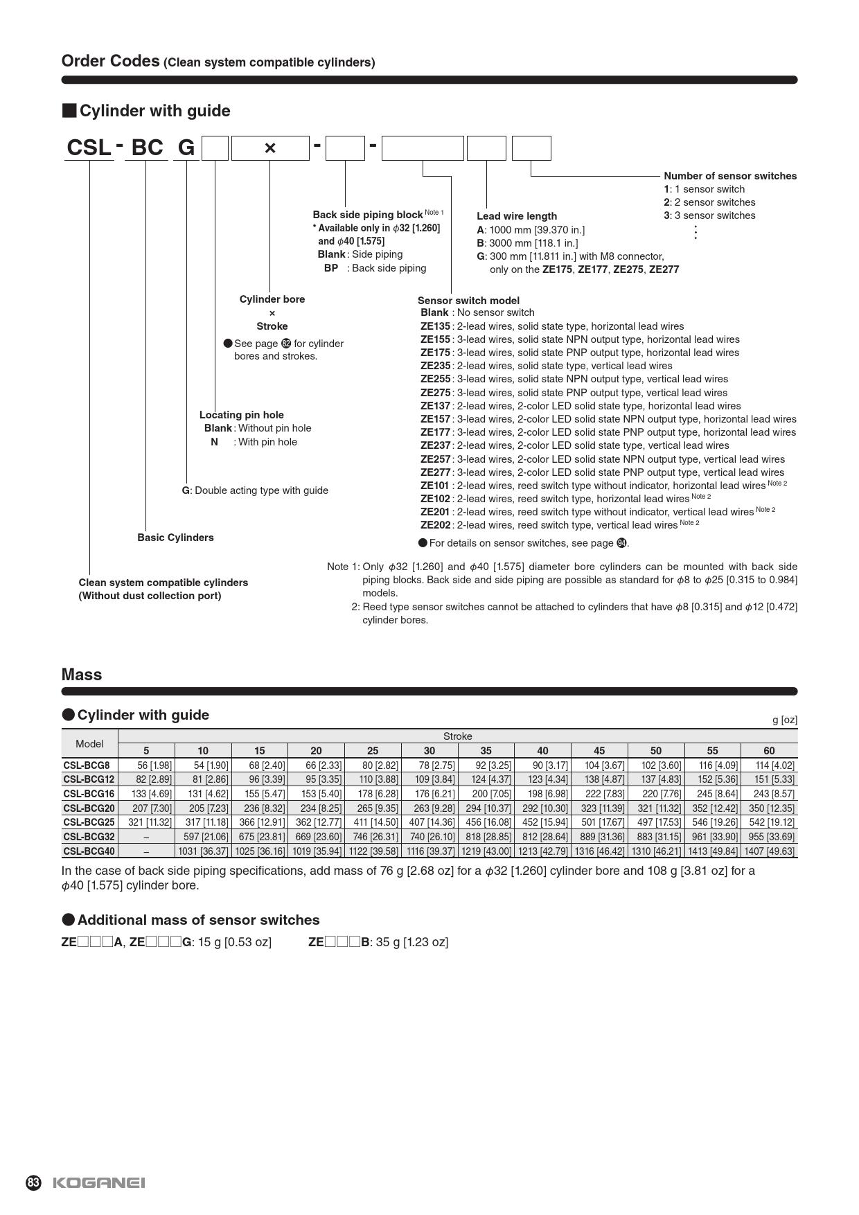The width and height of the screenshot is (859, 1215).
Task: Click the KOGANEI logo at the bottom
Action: [x=98, y=1182]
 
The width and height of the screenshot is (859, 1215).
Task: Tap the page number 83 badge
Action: [x=33, y=1182]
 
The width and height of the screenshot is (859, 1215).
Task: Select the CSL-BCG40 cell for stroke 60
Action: [x=769, y=851]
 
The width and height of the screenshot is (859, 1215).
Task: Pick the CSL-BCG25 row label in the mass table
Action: [x=89, y=822]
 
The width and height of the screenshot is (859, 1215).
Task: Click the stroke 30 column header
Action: [x=429, y=751]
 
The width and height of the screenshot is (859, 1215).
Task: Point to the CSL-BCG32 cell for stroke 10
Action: [x=203, y=837]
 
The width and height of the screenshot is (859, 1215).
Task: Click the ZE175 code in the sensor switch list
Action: [x=435, y=353]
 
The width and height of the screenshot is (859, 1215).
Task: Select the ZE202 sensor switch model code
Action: [x=435, y=525]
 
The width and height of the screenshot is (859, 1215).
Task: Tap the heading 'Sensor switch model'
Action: [x=468, y=301]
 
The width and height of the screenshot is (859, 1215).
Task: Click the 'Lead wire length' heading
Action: [x=516, y=216]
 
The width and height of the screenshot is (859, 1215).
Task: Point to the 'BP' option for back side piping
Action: [x=330, y=268]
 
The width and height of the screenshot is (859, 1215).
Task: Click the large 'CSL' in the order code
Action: [x=89, y=148]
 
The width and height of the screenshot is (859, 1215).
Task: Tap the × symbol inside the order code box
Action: [x=270, y=148]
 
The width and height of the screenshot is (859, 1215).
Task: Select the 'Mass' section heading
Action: [x=82, y=675]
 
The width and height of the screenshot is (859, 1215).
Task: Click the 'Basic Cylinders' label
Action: [x=175, y=538]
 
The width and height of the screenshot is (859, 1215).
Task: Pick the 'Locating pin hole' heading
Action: [x=241, y=415]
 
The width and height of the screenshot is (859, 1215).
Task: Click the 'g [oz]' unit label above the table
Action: [x=784, y=720]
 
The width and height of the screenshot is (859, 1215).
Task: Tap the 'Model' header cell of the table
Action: [x=89, y=744]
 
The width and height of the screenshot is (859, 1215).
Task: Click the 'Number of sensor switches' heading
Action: [x=730, y=176]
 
